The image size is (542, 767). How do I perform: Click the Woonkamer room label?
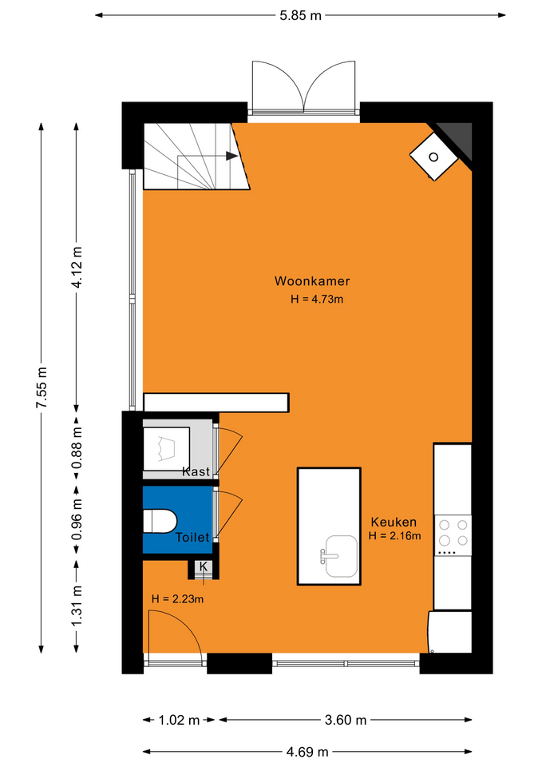312,280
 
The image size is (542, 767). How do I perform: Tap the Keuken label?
394,522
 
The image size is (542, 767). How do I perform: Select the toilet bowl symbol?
160,521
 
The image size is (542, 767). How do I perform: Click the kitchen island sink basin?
341,556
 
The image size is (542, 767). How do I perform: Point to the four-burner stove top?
453,534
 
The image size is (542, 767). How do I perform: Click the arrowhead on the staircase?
231,156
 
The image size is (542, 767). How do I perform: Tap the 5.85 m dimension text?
301,16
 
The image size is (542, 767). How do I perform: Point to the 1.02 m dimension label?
179,720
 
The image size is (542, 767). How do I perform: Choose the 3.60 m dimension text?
346,720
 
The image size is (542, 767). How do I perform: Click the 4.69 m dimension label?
307,752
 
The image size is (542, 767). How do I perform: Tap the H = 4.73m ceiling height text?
317,299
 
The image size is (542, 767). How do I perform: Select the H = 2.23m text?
177,598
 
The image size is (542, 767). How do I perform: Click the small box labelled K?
204,567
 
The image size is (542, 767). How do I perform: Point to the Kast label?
196,471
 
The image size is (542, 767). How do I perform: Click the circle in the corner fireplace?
433,157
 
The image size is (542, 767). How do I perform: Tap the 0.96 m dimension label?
77,519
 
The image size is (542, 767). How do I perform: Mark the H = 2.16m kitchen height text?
394,535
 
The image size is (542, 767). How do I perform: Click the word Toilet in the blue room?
192,537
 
